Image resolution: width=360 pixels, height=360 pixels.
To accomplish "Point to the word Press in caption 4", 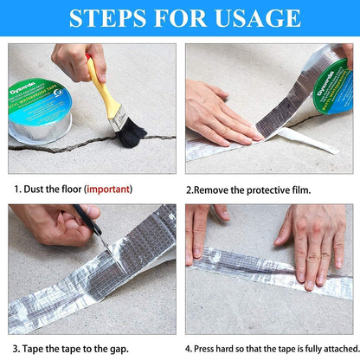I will coord(207,350).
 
